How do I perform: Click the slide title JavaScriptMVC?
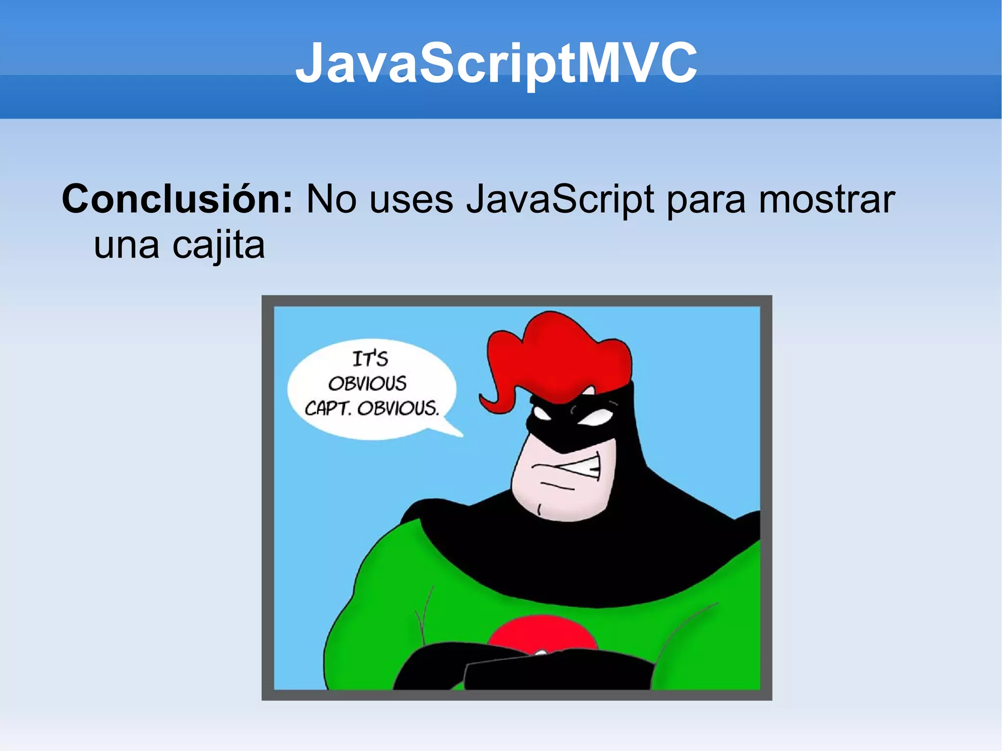tap(496, 64)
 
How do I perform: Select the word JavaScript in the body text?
tap(560, 200)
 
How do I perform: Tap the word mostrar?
tap(826, 200)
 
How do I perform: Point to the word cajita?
tap(218, 246)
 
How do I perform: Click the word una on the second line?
tap(126, 246)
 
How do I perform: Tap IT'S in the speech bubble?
tap(370, 359)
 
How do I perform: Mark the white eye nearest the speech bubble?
tap(542, 413)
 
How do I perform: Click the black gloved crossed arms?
tap(538, 670)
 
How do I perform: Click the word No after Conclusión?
tap(331, 200)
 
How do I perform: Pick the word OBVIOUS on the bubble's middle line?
tap(367, 384)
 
